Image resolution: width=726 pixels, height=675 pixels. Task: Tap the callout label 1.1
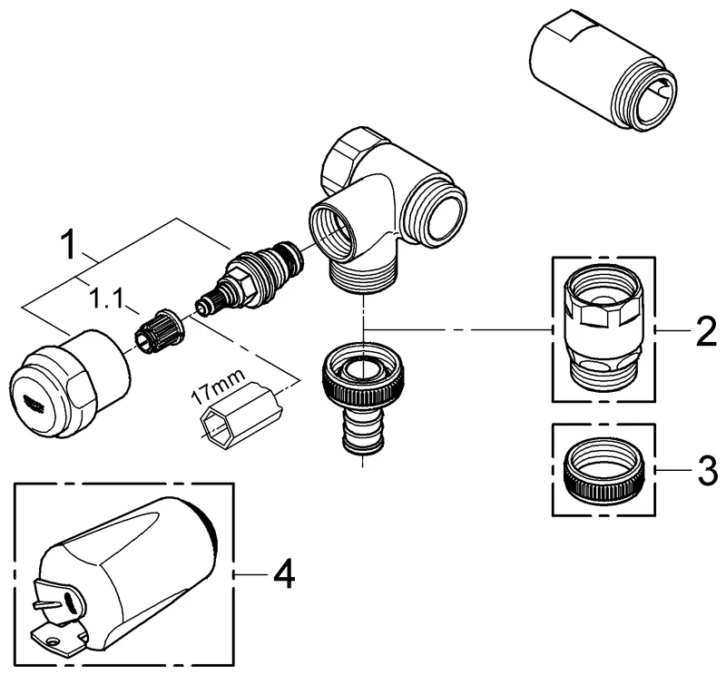pos(106,299)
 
